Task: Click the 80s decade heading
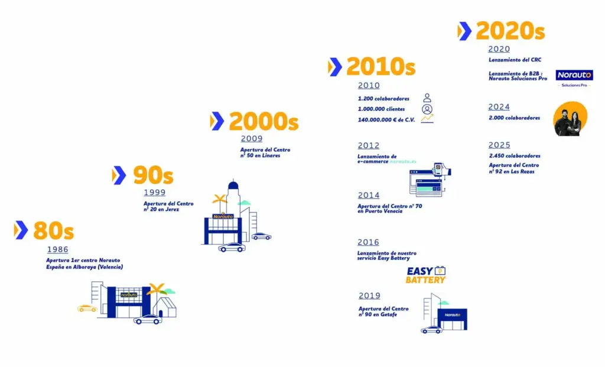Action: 53,230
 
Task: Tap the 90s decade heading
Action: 152,176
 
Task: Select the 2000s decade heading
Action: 264,121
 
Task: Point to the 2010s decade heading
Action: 380,67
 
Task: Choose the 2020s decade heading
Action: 510,31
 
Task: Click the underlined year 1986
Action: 57,249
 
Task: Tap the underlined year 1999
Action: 154,193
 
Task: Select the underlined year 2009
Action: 251,139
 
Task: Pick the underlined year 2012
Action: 369,145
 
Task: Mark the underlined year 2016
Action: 369,242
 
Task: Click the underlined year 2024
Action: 499,107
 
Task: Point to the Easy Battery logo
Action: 425,275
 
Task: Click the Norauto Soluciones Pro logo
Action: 574,77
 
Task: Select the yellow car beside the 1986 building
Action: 87,308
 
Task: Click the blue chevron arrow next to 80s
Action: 21,230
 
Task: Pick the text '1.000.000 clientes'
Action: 382,109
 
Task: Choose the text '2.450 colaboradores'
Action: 514,156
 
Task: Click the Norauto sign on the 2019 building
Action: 453,315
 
